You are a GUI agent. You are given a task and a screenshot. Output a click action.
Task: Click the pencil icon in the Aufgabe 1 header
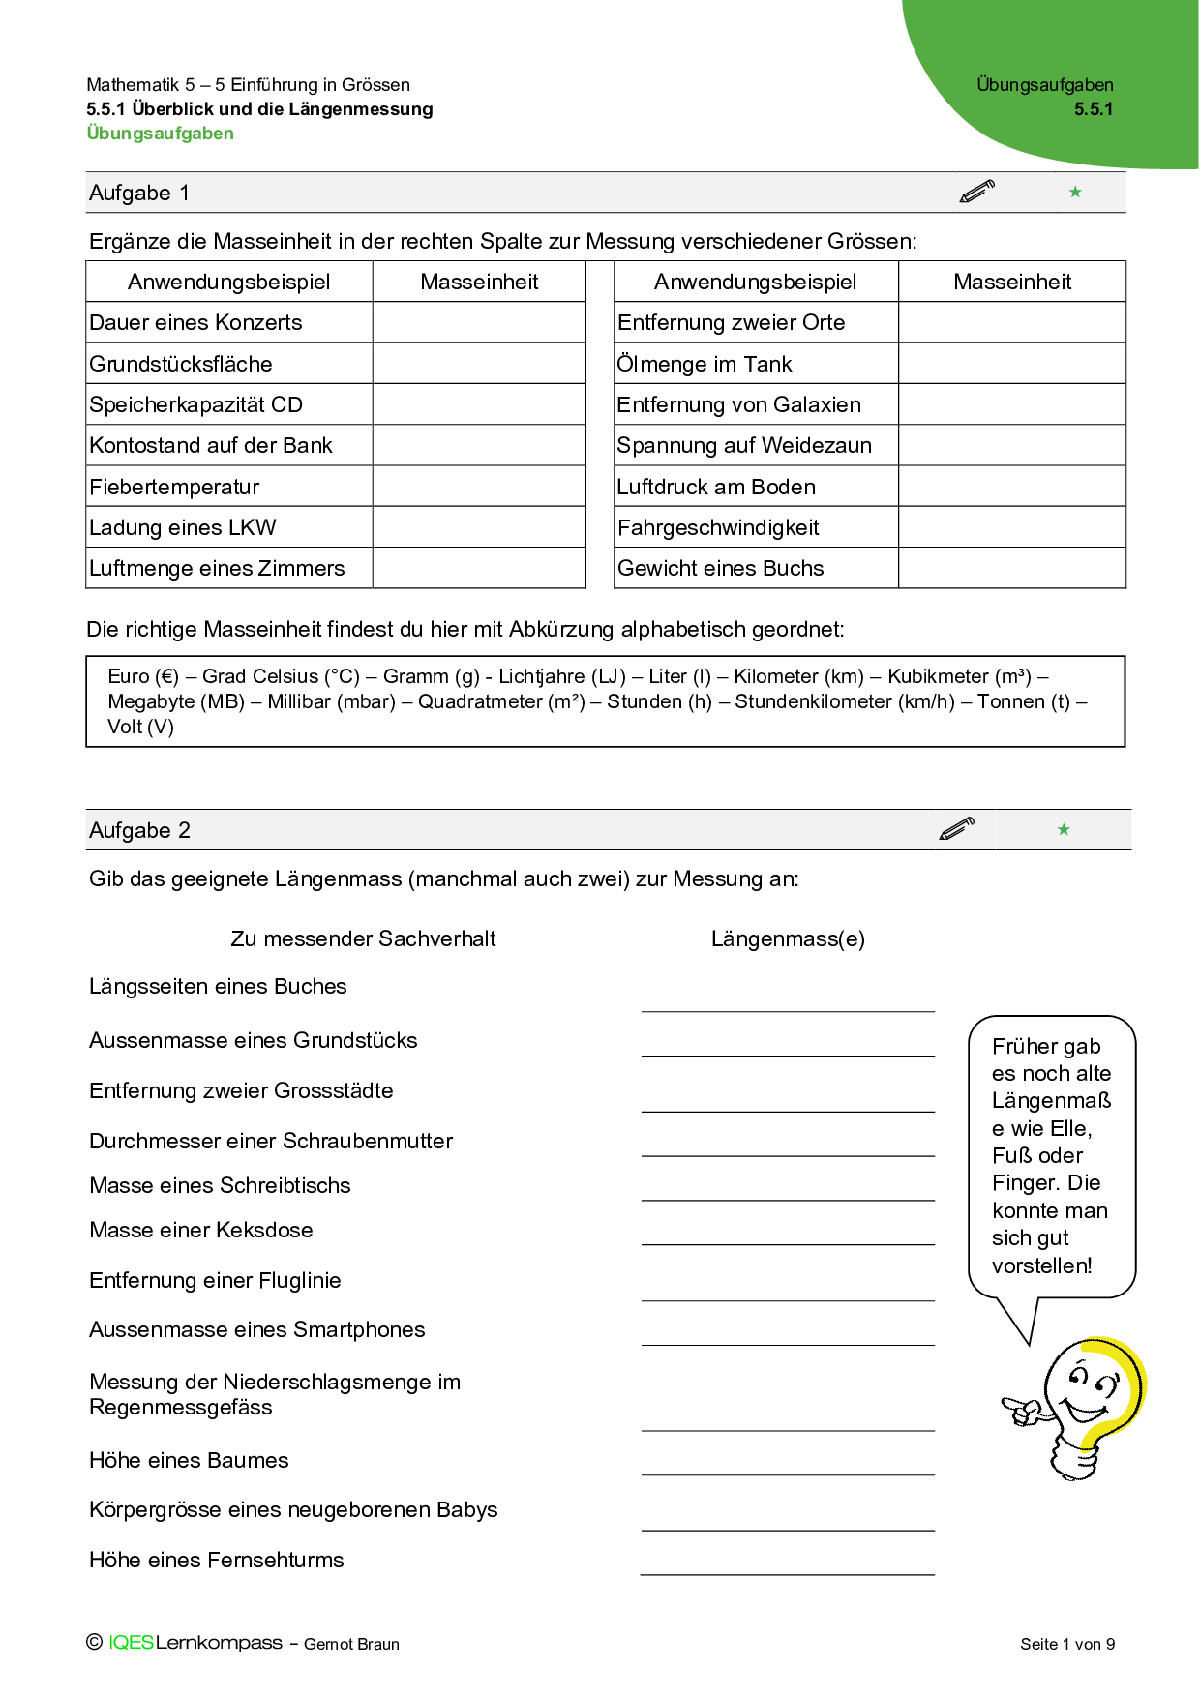tap(977, 192)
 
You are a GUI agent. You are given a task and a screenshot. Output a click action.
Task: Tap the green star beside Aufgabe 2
tap(1064, 829)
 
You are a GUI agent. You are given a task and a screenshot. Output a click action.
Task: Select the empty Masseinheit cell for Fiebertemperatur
tap(479, 487)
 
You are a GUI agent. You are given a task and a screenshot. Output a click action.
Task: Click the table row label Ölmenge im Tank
tap(705, 365)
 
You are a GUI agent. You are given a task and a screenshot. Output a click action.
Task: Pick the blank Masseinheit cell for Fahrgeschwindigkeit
tap(1011, 527)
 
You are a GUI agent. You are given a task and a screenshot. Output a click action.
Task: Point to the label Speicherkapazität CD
tap(195, 405)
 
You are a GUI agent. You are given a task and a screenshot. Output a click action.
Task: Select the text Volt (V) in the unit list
tap(140, 727)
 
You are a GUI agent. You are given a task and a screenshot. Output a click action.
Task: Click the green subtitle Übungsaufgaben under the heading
tap(161, 134)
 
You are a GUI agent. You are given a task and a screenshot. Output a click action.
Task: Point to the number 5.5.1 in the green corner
tap(1094, 109)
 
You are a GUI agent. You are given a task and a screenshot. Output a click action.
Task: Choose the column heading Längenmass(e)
tap(788, 938)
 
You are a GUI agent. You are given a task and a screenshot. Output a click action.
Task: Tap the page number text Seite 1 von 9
tap(1067, 1644)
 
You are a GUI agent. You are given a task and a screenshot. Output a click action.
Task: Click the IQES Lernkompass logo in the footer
tap(195, 1643)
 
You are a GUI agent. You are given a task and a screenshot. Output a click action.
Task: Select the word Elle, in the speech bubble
tap(1070, 1128)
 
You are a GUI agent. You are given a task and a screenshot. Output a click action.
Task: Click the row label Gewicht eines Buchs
tap(720, 569)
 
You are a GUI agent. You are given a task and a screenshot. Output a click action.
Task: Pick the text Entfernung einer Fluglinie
tap(215, 1281)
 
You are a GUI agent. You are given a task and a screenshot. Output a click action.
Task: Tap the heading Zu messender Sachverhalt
tap(363, 938)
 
